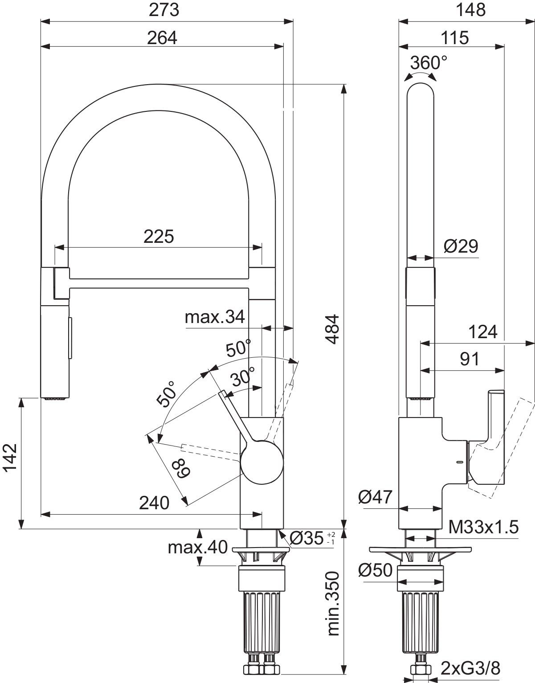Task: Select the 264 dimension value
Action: pyautogui.click(x=162, y=38)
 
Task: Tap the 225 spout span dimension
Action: pyautogui.click(x=159, y=237)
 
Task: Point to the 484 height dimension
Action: pyautogui.click(x=333, y=330)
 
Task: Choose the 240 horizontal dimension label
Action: pyautogui.click(x=154, y=503)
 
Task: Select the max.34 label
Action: pyautogui.click(x=215, y=317)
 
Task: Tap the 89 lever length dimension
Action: pyautogui.click(x=181, y=467)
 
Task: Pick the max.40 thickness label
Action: pyautogui.click(x=197, y=547)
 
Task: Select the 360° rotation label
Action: pyautogui.click(x=428, y=63)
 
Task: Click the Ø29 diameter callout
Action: pyautogui.click(x=461, y=246)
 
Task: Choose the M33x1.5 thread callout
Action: pyautogui.click(x=483, y=528)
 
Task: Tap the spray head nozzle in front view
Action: pyautogui.click(x=55, y=398)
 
